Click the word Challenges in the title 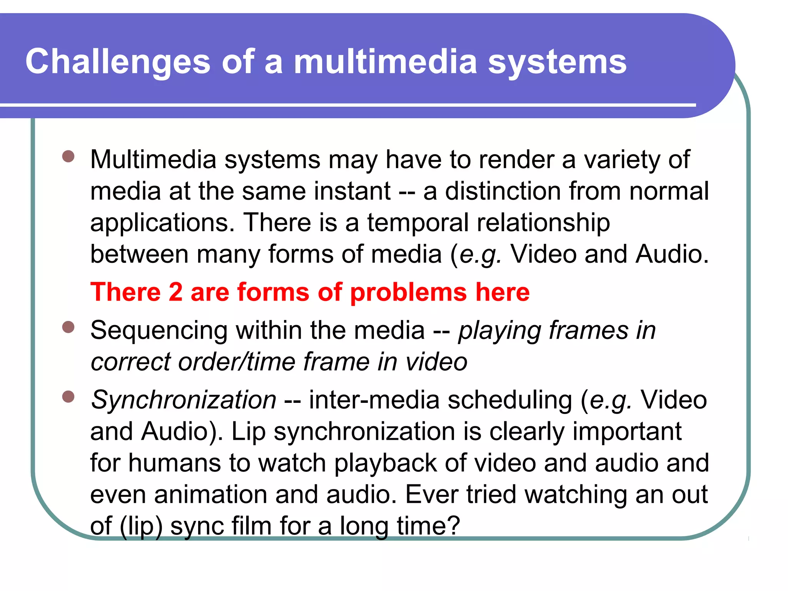click(x=118, y=62)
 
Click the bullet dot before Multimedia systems click(x=68, y=157)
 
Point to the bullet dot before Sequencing click(x=68, y=327)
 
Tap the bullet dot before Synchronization click(x=68, y=397)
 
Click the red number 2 click(x=175, y=292)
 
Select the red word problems click(x=408, y=293)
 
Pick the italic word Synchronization click(x=184, y=400)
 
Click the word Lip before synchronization click(x=248, y=432)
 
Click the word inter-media click(x=374, y=400)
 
